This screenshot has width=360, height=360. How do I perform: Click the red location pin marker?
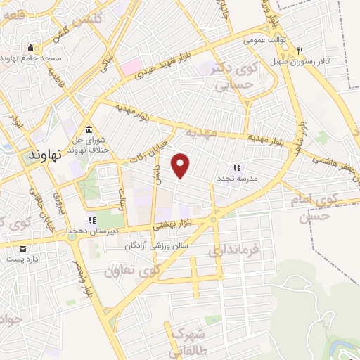tap(181, 165)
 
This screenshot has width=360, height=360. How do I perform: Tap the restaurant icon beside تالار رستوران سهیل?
tap(300, 50)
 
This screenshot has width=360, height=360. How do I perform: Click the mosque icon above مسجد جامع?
tap(30, 48)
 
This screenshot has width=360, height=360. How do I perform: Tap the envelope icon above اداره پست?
tap(23, 249)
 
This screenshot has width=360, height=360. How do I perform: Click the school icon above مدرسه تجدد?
tap(237, 167)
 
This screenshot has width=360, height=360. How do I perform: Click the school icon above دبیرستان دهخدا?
tap(92, 219)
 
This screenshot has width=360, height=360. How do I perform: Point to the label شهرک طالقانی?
tap(186, 338)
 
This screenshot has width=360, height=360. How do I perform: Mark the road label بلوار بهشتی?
tap(179, 224)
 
